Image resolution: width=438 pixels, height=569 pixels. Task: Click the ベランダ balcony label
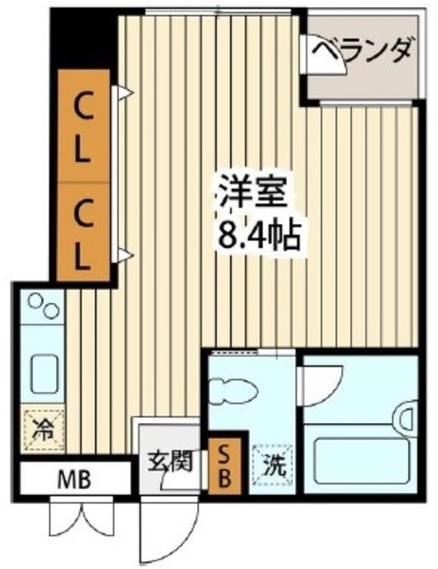point(363,50)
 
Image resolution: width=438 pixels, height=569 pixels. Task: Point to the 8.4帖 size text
point(258,236)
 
